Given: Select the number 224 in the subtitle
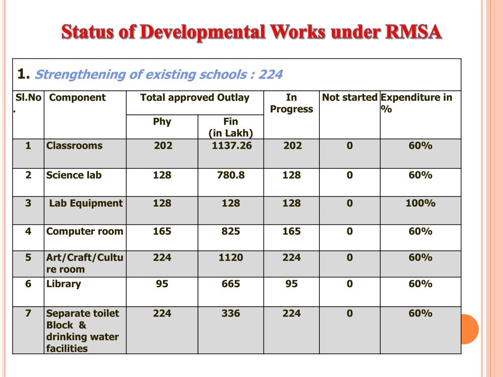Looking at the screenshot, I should (271, 75).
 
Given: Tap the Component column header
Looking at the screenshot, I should (78, 97).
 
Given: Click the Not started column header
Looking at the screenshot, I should (349, 97).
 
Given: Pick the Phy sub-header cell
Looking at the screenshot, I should (162, 121).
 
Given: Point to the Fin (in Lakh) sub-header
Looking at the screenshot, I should (230, 127).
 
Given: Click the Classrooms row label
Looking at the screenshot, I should (74, 145).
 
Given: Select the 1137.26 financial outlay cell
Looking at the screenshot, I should (231, 145).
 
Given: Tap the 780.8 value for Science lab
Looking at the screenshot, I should (231, 175).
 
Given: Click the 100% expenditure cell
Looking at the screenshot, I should (420, 203).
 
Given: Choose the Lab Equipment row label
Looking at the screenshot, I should (86, 203).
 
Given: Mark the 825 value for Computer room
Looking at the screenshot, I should (231, 231).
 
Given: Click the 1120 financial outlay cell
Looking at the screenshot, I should (231, 257).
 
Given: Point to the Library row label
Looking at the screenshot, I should (63, 284).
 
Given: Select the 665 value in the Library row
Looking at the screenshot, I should (231, 284).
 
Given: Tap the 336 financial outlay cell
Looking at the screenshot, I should (231, 313).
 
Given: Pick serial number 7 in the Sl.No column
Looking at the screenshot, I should (28, 313).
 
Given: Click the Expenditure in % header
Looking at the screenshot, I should (416, 103).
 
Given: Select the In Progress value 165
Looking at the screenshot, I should (291, 231).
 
